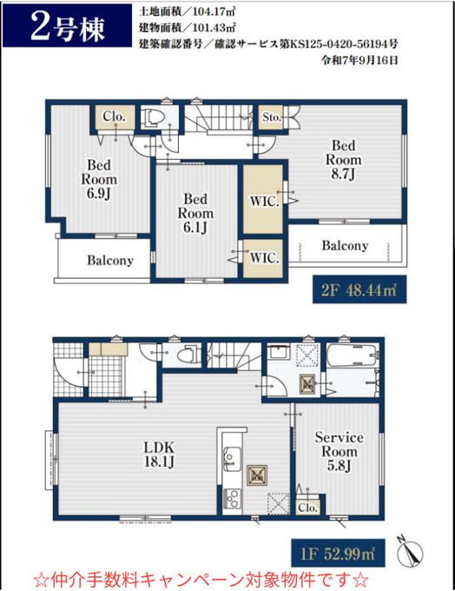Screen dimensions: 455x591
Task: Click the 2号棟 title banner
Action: pyautogui.click(x=68, y=26)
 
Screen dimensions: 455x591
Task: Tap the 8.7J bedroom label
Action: pyautogui.click(x=343, y=160)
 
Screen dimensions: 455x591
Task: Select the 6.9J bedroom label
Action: pyautogui.click(x=99, y=179)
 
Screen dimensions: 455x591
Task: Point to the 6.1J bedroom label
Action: pyautogui.click(x=195, y=213)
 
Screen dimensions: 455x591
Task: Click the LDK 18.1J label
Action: pyautogui.click(x=159, y=455)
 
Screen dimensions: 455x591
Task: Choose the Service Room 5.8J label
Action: pyautogui.click(x=339, y=452)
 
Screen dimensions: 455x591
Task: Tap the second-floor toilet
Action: pyautogui.click(x=154, y=117)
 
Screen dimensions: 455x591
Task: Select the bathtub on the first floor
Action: pyautogui.click(x=352, y=355)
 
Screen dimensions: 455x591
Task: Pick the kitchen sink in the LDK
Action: pyautogui.click(x=232, y=457)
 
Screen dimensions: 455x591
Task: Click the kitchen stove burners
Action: pyautogui.click(x=232, y=499)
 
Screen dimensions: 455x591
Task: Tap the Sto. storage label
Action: pyautogui.click(x=272, y=117)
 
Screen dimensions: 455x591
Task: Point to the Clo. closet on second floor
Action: pyautogui.click(x=114, y=117)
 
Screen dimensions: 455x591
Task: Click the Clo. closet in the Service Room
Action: pyautogui.click(x=308, y=508)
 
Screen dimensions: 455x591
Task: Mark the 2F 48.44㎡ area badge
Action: pyautogui.click(x=359, y=289)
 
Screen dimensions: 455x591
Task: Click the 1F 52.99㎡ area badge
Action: pyautogui.click(x=339, y=554)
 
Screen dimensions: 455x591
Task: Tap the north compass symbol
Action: pyautogui.click(x=409, y=551)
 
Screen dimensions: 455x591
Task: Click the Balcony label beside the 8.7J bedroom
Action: pyautogui.click(x=345, y=246)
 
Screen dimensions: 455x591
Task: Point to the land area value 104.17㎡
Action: pyautogui.click(x=214, y=11)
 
